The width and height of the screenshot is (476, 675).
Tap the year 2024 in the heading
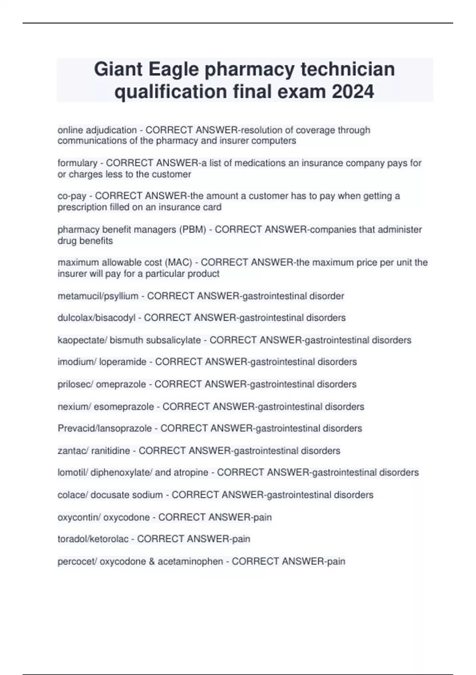coord(353,92)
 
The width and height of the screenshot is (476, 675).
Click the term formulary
coord(77,163)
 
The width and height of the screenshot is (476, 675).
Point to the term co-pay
coord(72,196)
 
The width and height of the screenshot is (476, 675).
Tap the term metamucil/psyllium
coord(98,296)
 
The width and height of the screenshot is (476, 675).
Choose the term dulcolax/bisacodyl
coord(96,318)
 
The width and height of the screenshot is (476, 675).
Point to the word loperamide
coord(123,362)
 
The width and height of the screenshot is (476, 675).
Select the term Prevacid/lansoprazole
coord(105,428)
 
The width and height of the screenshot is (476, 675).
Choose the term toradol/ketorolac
coord(93,539)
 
